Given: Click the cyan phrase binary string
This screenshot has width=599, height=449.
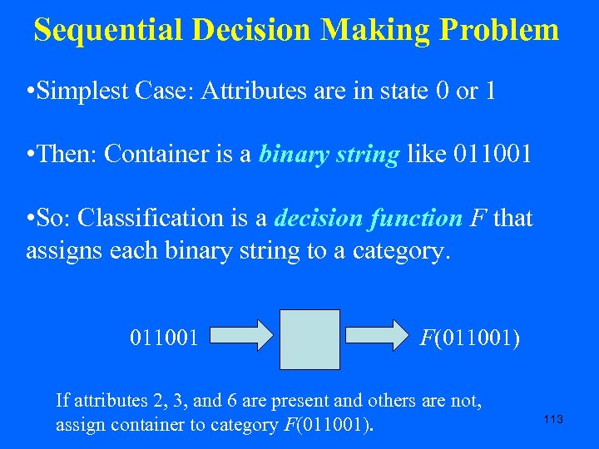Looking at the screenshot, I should click(329, 155).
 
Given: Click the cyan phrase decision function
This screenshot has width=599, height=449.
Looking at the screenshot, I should click(368, 219).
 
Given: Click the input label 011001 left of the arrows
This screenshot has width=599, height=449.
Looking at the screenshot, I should click(164, 338).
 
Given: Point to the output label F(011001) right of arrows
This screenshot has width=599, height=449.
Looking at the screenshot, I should click(470, 338).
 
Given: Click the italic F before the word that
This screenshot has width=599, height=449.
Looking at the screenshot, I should click(478, 219).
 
